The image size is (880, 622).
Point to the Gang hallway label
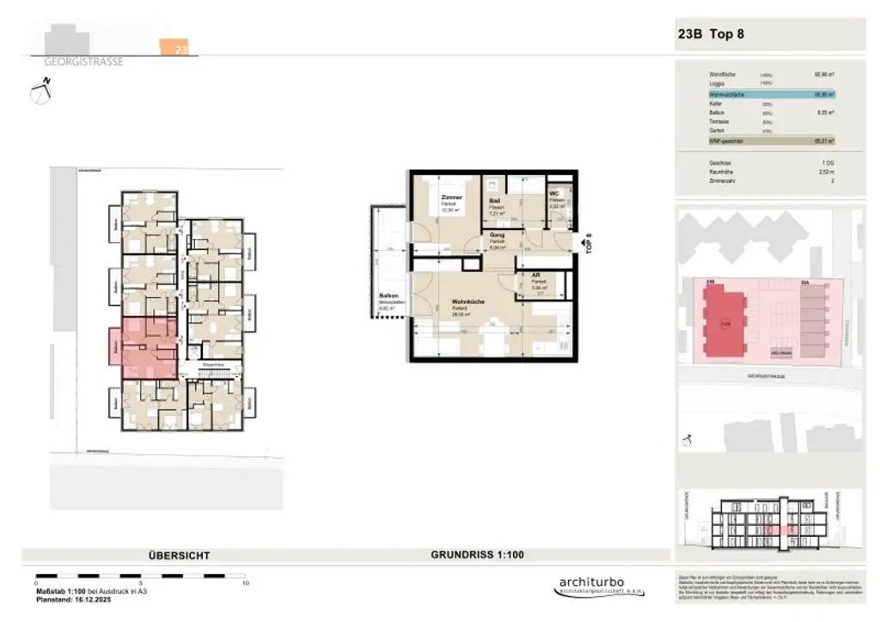tap(497, 235)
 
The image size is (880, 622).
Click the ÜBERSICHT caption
tap(179, 556)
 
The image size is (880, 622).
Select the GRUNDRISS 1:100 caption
tap(477, 555)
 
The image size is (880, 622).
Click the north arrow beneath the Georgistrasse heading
tap(40, 89)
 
